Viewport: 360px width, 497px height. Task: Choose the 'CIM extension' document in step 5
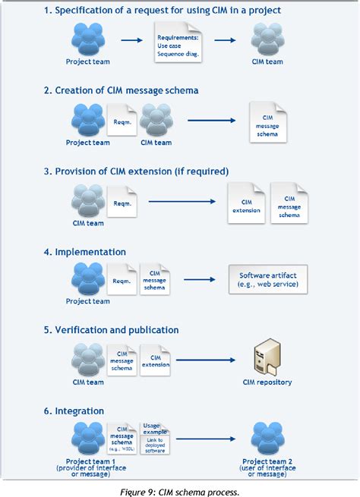coord(155,357)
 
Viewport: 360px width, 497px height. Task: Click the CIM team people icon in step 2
coord(156,120)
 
